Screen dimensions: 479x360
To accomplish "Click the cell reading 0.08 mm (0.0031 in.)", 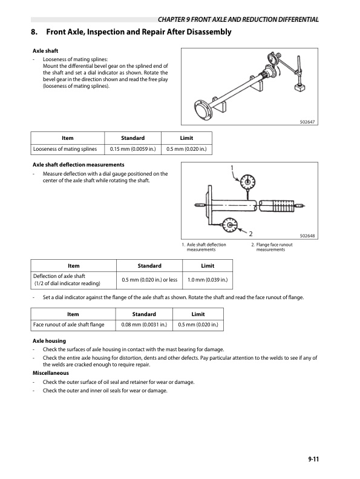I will (x=144, y=325).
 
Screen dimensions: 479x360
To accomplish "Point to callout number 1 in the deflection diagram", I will (x=231, y=168).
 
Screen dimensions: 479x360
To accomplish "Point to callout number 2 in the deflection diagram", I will (x=250, y=233).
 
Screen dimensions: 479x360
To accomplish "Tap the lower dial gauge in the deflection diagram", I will (x=231, y=225).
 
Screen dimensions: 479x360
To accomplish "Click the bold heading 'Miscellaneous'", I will (x=51, y=372).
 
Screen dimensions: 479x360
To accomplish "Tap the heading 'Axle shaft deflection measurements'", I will (x=78, y=165).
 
